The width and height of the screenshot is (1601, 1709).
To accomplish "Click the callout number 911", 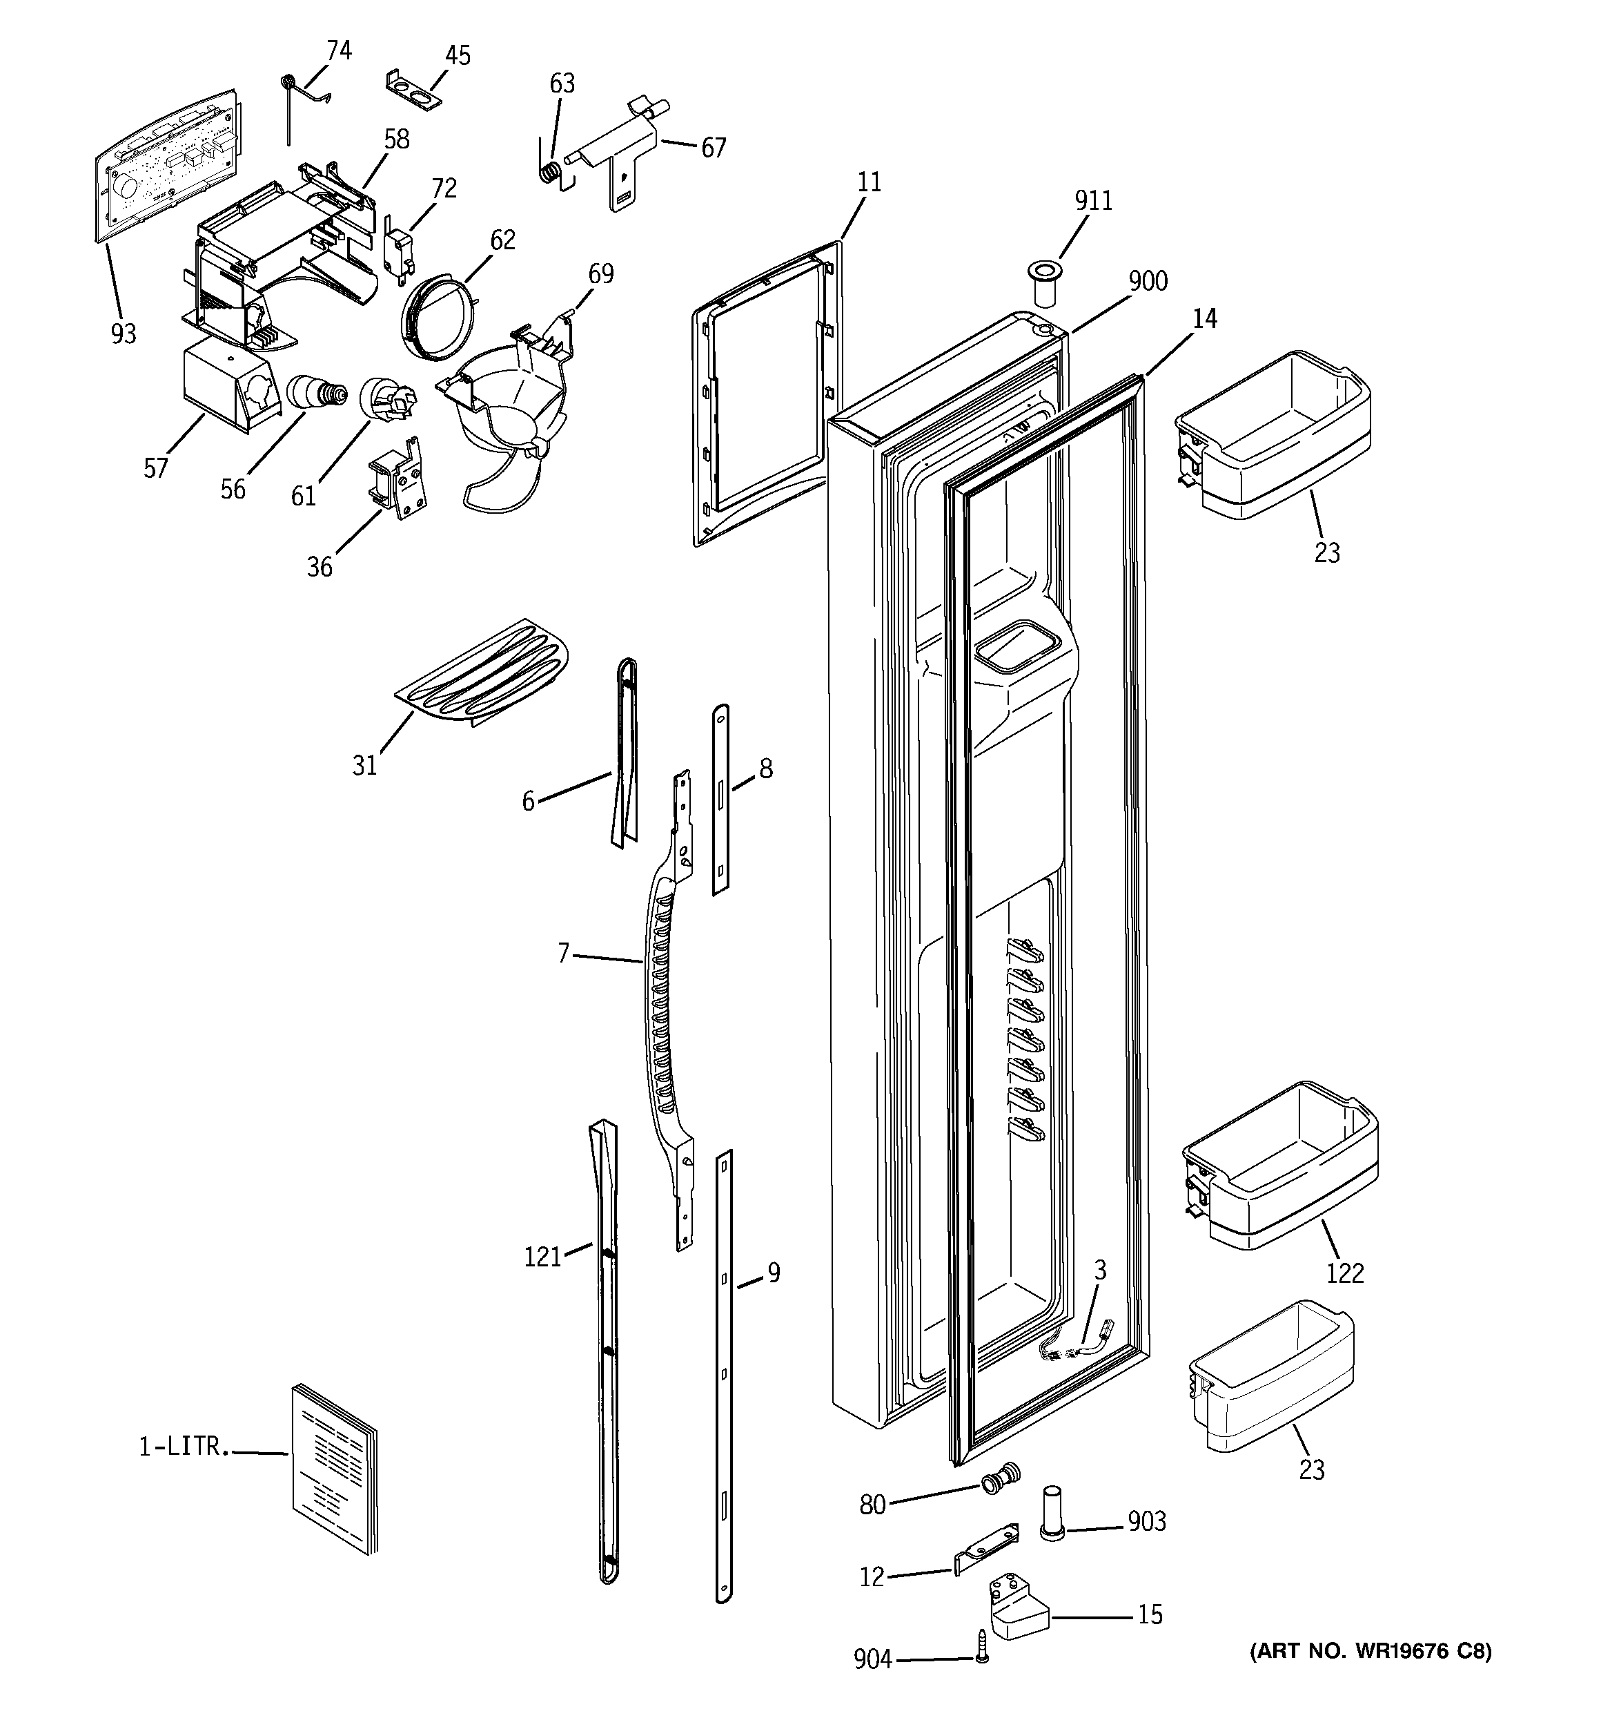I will [x=1093, y=200].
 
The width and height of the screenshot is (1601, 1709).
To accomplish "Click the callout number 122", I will [x=1344, y=1273].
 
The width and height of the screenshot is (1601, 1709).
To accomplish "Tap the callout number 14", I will [x=1205, y=319].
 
